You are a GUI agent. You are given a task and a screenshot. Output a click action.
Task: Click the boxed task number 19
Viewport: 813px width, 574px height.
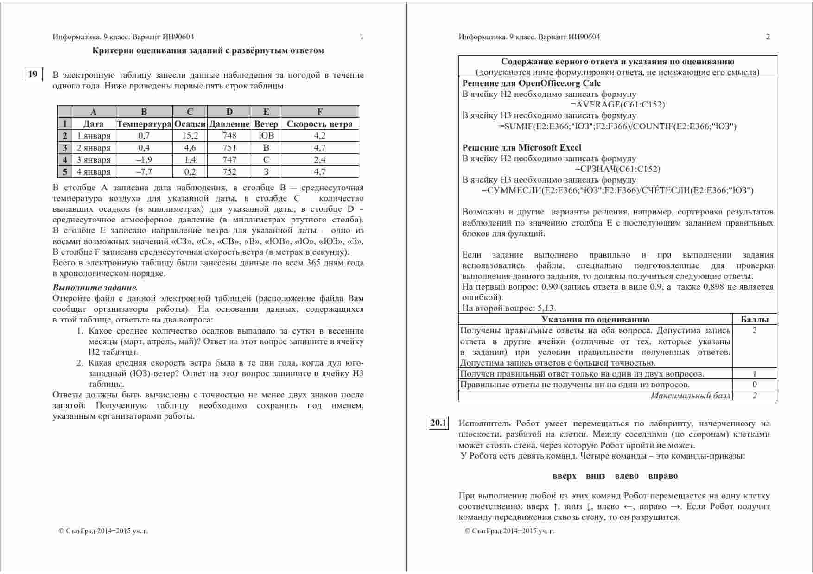(32, 75)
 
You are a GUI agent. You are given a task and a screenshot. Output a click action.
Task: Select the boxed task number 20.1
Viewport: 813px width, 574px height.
(438, 423)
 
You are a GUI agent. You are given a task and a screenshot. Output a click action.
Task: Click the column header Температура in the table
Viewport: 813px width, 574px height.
(144, 124)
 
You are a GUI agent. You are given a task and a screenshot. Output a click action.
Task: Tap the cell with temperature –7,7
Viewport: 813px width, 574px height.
(144, 172)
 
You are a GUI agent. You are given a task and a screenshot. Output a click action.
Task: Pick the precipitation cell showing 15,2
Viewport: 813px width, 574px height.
(190, 136)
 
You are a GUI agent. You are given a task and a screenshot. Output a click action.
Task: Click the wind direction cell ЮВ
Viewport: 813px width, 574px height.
(266, 136)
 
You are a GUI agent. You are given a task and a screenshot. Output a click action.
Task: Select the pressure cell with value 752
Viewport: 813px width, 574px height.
(229, 172)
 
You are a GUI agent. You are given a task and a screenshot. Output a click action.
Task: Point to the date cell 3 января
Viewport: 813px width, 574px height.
(94, 160)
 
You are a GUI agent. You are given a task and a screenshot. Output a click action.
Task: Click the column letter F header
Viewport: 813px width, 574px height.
(320, 112)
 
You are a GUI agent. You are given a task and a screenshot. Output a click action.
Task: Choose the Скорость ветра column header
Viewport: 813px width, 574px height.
(320, 124)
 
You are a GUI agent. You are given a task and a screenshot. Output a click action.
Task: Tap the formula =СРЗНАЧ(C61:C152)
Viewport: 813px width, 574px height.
(617, 169)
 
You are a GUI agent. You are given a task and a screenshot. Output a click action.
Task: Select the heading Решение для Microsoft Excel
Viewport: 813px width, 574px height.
(521, 148)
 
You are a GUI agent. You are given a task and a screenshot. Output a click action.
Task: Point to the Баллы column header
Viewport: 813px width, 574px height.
(755, 320)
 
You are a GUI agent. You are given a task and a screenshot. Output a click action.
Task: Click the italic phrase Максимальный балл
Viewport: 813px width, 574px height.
(691, 396)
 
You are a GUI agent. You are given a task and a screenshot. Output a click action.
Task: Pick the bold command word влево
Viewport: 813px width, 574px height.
(626, 476)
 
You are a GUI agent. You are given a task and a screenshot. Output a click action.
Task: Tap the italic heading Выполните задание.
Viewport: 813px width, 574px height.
(95, 288)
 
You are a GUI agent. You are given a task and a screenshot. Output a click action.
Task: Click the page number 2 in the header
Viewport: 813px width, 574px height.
(768, 37)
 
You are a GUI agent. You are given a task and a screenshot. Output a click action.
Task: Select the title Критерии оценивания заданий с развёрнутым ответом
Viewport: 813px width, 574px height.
(208, 50)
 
